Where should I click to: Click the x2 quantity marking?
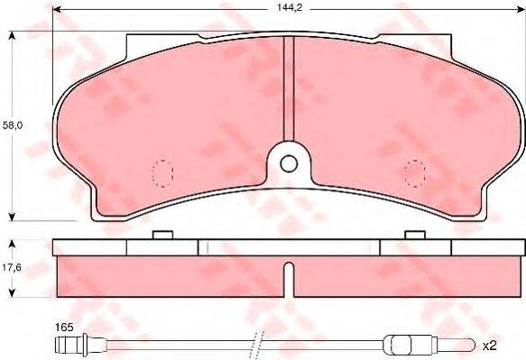(490, 345)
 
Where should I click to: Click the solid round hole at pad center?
(288, 164)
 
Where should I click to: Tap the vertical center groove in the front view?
(288, 90)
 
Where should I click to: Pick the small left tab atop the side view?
(162, 235)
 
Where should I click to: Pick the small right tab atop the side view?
(415, 235)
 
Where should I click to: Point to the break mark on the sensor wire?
(257, 344)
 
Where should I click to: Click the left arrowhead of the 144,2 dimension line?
(57, 12)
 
